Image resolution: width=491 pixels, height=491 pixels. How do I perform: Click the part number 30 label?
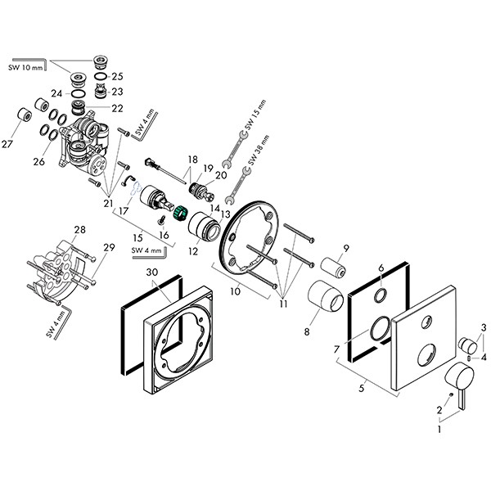(151, 273)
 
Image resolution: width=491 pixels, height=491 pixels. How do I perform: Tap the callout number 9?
(346, 247)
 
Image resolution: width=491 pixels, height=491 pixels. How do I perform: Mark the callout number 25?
(117, 76)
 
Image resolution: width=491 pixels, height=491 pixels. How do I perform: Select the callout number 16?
(164, 235)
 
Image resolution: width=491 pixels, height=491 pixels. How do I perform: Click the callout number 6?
(381, 268)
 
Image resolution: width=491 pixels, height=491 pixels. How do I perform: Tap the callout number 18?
(193, 160)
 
